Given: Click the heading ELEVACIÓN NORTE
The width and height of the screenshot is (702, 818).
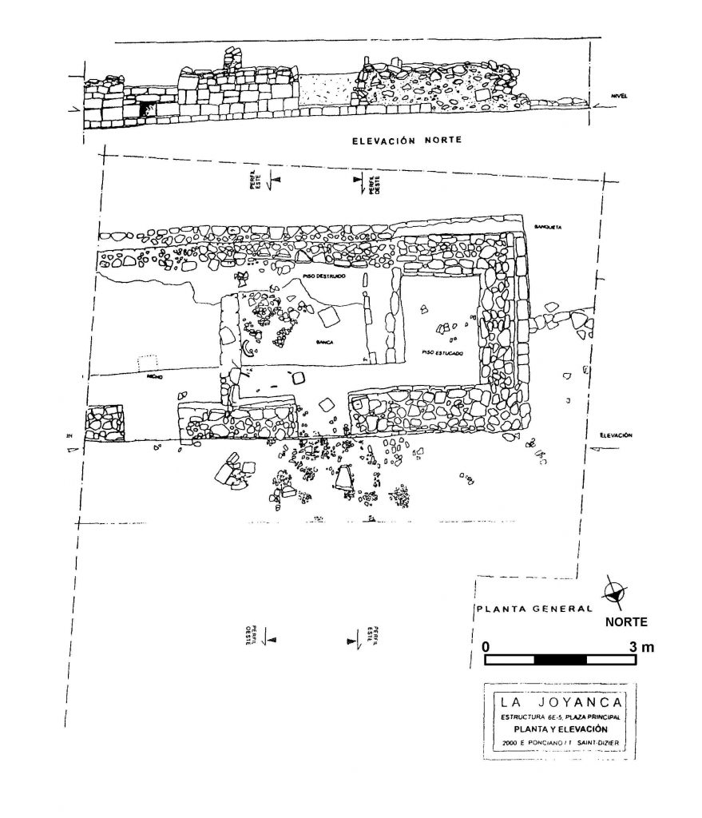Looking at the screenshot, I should click(408, 141).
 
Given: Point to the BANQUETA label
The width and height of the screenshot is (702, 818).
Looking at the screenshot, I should click(549, 228).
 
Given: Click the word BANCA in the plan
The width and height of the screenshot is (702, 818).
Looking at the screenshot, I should click(323, 341).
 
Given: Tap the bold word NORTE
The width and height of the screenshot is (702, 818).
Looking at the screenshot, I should click(625, 621).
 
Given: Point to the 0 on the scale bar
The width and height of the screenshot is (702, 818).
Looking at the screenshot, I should click(486, 646).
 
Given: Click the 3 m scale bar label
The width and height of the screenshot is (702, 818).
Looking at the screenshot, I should click(641, 646).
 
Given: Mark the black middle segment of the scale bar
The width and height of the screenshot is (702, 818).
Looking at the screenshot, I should click(560, 660).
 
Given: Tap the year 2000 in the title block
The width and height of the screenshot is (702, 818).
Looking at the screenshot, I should click(504, 745).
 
